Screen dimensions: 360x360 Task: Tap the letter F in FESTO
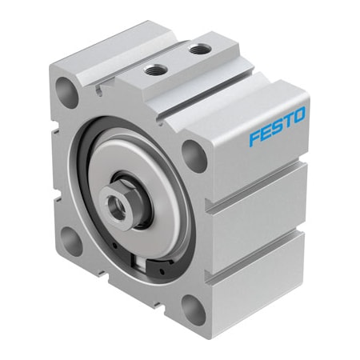tap(254, 137)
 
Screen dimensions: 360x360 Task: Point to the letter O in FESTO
tap(298, 116)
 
